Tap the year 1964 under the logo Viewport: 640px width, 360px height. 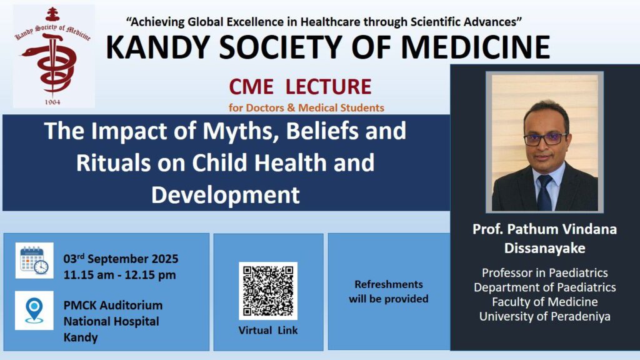click(x=52, y=102)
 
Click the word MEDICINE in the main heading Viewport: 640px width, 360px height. click(x=476, y=47)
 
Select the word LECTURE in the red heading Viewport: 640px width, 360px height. click(x=328, y=86)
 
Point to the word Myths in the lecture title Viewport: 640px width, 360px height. click(x=241, y=131)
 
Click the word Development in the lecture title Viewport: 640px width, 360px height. click(x=226, y=195)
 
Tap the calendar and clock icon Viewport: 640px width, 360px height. click(x=34, y=261)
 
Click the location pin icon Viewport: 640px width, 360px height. click(x=34, y=310)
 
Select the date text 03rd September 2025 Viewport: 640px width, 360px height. click(x=121, y=258)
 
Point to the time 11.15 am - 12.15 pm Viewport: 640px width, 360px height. click(x=119, y=275)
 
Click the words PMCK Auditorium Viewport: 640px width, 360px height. click(x=113, y=305)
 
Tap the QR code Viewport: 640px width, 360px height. click(x=268, y=291)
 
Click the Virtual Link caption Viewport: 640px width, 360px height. click(x=268, y=330)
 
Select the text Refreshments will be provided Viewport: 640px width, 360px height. click(x=389, y=291)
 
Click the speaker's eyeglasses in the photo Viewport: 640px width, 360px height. click(x=545, y=139)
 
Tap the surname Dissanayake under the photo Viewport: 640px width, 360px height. click(x=545, y=248)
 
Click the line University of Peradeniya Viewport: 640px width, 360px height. click(x=545, y=316)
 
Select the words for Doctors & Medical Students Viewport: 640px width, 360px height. click(x=306, y=107)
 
